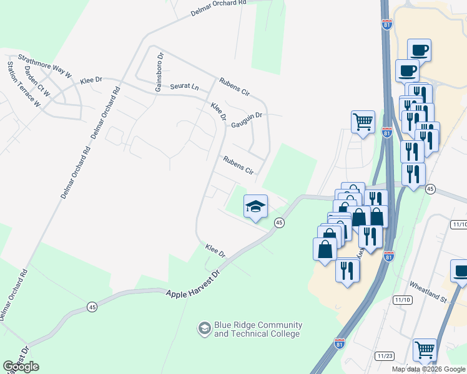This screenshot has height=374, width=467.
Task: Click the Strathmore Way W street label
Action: tap(44, 67)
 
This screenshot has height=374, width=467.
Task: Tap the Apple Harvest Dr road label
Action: tap(194, 284)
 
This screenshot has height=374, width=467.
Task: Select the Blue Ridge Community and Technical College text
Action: tap(258, 329)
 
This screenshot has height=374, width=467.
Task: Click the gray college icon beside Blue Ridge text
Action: tap(204, 328)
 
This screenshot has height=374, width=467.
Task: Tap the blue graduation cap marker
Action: tap(255, 207)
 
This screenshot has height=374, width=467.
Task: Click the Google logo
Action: tap(21, 366)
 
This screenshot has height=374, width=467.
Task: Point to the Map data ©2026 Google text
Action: tap(428, 369)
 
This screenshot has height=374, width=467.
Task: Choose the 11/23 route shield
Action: tap(385, 356)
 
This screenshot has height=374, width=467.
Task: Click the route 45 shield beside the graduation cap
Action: tap(279, 223)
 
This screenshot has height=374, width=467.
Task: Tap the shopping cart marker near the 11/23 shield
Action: tap(425, 350)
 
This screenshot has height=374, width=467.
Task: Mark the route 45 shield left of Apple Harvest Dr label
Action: tap(92, 307)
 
